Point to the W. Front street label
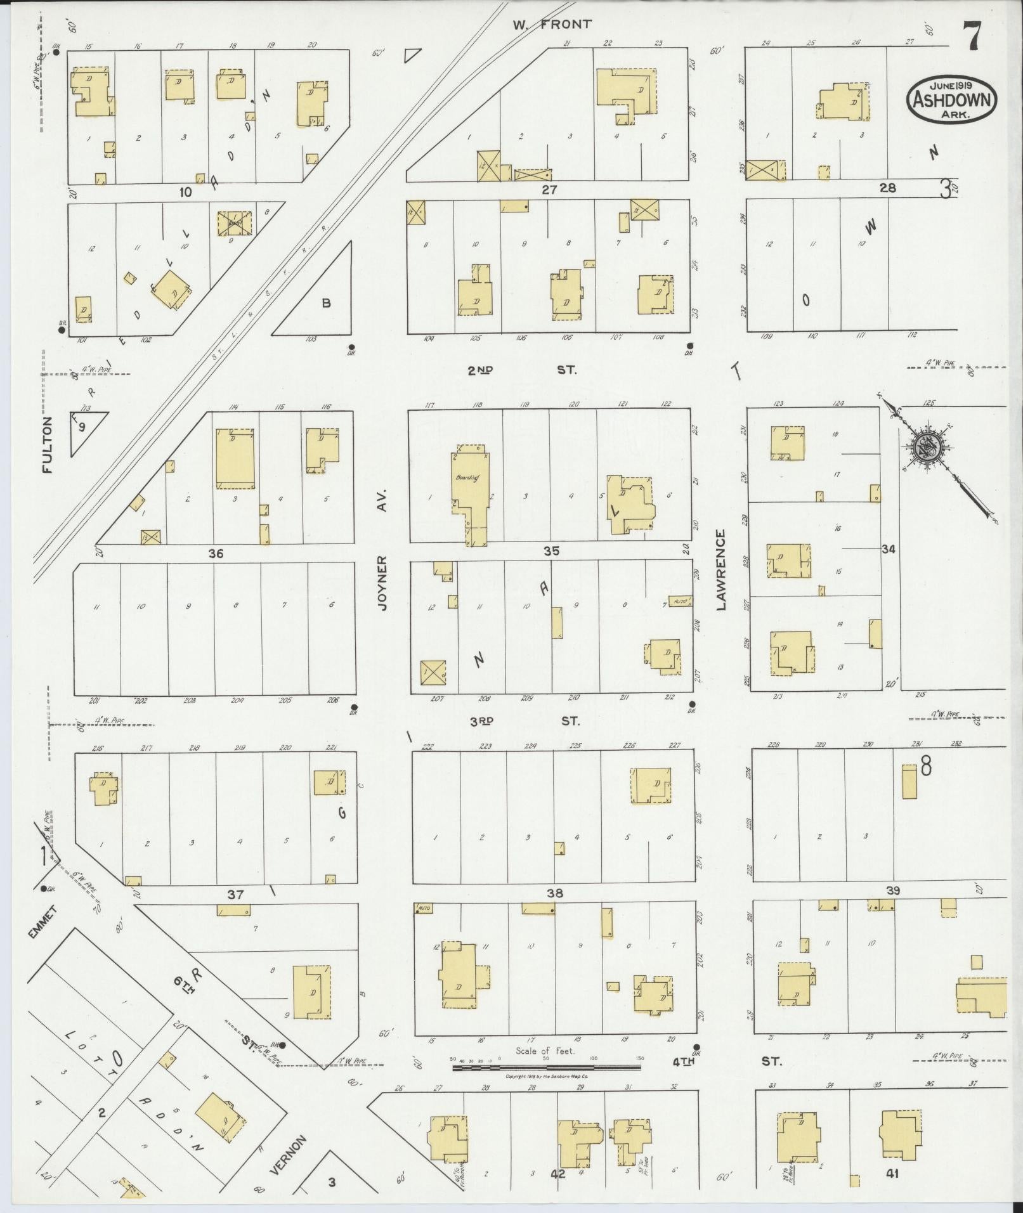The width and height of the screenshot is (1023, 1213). click(552, 25)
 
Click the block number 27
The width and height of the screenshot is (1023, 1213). click(549, 189)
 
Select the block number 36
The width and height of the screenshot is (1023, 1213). click(216, 554)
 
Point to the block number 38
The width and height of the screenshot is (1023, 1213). click(555, 893)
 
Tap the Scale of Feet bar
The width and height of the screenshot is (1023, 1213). click(546, 1068)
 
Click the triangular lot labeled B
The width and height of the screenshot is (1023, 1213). click(325, 303)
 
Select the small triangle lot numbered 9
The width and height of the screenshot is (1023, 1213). click(83, 427)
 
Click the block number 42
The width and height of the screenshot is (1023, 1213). click(557, 1174)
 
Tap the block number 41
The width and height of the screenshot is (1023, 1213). click(892, 1174)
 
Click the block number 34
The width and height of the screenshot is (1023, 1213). click(888, 550)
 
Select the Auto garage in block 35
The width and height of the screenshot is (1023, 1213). click(679, 600)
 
